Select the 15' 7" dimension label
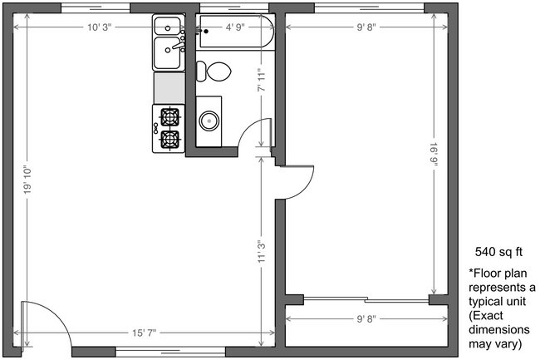[142, 333]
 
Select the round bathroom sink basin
[209, 121]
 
